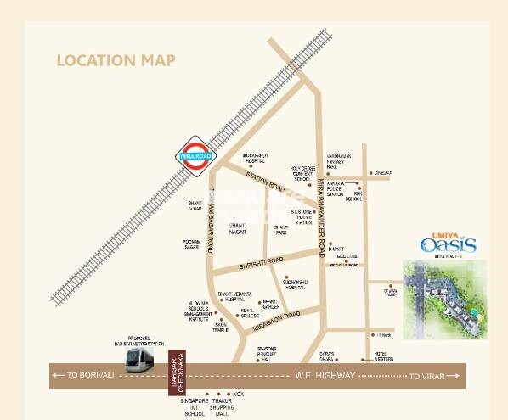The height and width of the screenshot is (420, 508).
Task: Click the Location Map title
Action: (116, 60)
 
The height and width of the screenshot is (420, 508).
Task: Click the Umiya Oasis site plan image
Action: (444, 298)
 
